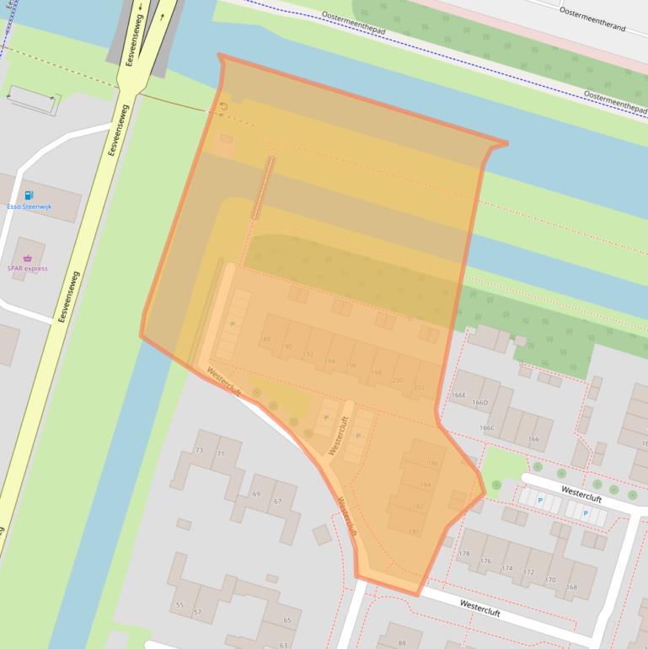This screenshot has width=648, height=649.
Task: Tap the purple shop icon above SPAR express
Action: [x=28, y=259]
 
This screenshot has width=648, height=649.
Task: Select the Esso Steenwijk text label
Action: [x=29, y=206]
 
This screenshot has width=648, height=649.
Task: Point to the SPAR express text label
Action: [x=28, y=269]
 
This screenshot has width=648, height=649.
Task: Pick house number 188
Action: [x=265, y=340]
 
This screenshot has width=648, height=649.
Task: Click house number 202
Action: [x=420, y=388]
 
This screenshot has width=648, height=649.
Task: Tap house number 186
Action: [x=433, y=464]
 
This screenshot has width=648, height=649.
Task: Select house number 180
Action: [x=414, y=532]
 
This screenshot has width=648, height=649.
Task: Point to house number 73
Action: [x=199, y=451]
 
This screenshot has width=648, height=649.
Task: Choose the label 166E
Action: [x=458, y=394]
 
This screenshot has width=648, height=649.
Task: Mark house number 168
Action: [x=571, y=587]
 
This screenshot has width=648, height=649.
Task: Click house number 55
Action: [x=179, y=605]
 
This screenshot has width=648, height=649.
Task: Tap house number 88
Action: [x=402, y=643]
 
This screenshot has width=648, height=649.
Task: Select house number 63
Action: [x=283, y=645]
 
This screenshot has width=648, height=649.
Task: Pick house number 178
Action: [x=463, y=554]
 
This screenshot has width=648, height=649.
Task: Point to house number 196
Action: [x=351, y=365]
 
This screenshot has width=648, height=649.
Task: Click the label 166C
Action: [x=486, y=427]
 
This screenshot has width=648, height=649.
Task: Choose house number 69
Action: [x=256, y=493]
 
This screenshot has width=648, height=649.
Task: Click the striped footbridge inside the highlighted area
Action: [x=263, y=187]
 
